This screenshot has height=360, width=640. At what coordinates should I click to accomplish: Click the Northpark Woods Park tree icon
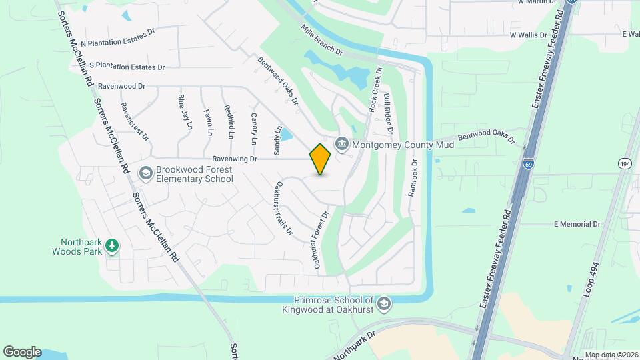point(113,246)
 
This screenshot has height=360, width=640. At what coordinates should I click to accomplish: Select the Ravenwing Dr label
point(235,159)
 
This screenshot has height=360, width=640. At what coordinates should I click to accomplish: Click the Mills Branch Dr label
point(321,41)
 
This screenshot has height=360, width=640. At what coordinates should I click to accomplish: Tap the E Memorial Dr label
point(577,225)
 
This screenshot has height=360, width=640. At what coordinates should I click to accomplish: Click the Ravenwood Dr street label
point(121,86)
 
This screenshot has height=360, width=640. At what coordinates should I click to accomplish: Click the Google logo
point(22,352)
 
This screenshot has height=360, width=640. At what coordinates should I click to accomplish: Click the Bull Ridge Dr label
point(388,114)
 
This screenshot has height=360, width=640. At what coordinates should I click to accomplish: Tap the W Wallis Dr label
point(532,34)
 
